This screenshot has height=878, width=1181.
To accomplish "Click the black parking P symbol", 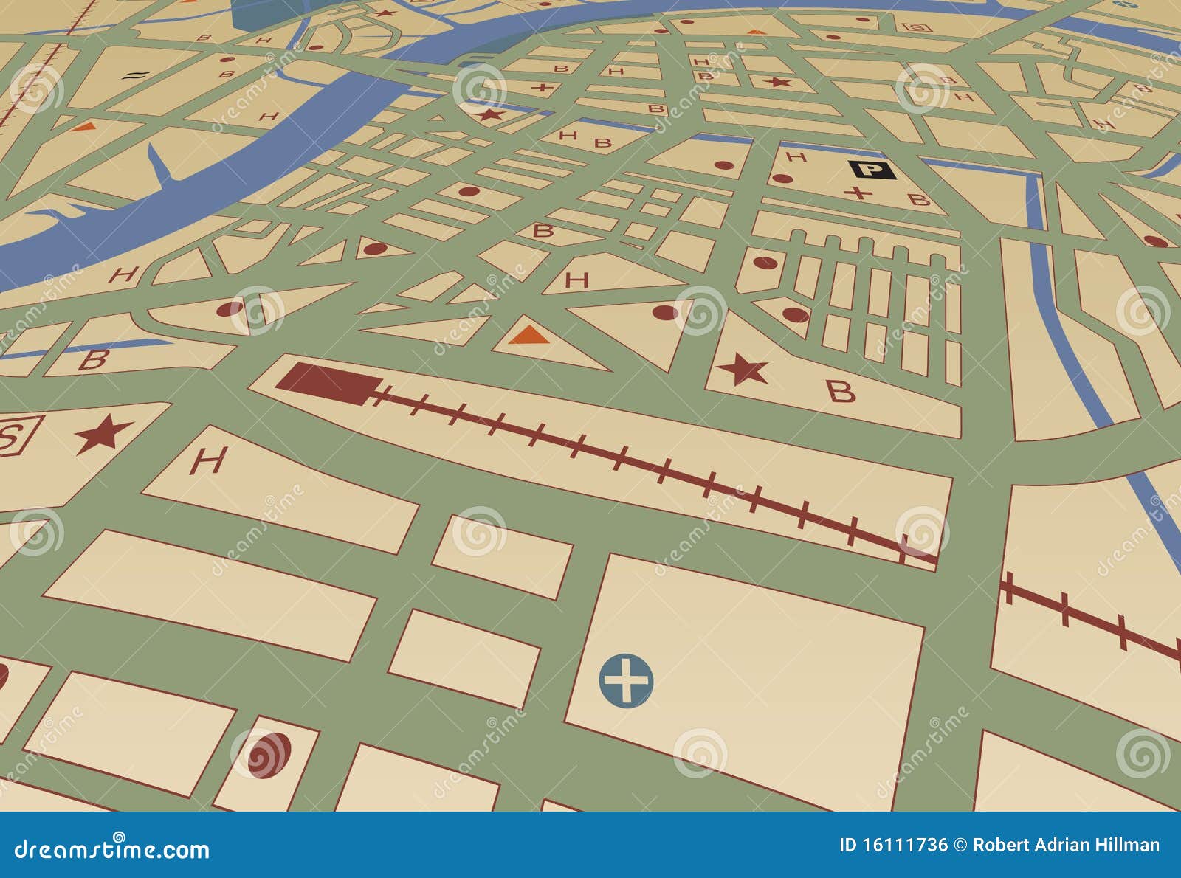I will pos(872,170).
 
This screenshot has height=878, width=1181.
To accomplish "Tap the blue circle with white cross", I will pos(626,680).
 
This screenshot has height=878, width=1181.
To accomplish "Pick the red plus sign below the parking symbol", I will pos(858,193).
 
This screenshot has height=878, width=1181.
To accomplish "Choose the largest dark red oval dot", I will pos(269,755).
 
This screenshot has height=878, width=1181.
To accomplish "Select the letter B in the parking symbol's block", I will pos(917,199).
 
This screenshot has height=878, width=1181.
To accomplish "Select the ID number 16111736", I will pos(892,846).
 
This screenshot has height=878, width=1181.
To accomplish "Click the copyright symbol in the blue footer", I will pos(960,846).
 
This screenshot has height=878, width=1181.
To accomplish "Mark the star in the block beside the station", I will pos(743,370).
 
